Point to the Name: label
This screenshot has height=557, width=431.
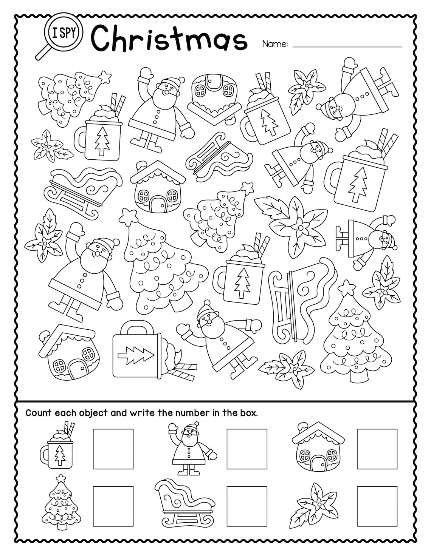coord(275,44)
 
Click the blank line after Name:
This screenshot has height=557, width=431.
coord(347,46)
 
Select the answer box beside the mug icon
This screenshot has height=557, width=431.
coord(113,449)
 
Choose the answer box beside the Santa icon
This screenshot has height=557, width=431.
coord(247,449)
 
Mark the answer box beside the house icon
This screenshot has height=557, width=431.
coord(377,449)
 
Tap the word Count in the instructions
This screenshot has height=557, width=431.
coord(38,413)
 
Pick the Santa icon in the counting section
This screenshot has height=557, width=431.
coord(190,449)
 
